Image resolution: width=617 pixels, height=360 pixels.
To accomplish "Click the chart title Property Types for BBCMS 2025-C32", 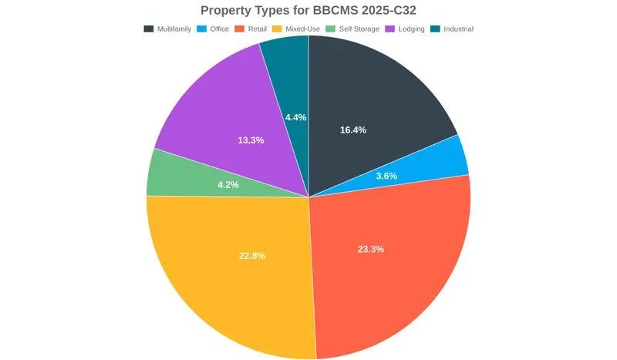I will [x=308, y=10].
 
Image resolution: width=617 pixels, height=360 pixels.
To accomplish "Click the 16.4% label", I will [x=353, y=130].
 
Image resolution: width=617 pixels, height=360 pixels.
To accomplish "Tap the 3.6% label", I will [x=386, y=176].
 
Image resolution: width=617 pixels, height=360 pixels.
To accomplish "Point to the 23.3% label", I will [x=371, y=250].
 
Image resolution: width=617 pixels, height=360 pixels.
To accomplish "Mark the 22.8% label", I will [x=252, y=256].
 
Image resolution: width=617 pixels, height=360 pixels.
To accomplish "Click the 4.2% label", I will [x=228, y=185].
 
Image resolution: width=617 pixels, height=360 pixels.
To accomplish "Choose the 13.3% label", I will [x=251, y=140].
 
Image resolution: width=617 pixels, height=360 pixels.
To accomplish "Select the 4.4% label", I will [x=295, y=118].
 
